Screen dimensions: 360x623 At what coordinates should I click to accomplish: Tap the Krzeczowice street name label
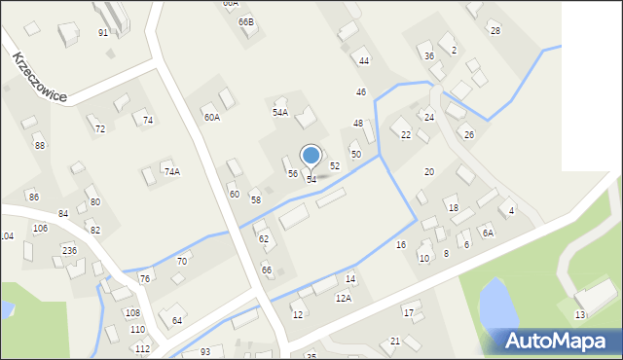(x=40, y=76)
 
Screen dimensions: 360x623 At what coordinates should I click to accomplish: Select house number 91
(x=103, y=32)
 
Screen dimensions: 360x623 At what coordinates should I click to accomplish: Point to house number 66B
(x=245, y=21)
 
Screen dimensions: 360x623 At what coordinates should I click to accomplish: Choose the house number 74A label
(x=171, y=171)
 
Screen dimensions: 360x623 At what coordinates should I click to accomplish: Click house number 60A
(x=211, y=117)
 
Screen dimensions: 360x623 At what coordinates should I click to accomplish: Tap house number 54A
(x=279, y=112)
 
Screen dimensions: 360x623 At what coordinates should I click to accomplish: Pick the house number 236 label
(x=70, y=250)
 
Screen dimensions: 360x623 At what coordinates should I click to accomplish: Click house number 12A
(x=344, y=298)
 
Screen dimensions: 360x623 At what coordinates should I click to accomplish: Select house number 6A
(x=488, y=233)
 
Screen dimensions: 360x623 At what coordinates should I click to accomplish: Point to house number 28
(x=495, y=31)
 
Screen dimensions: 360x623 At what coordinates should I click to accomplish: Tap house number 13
(x=579, y=314)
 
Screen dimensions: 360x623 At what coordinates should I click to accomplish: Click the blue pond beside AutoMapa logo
(x=497, y=303)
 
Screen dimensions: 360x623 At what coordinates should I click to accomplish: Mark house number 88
(x=39, y=145)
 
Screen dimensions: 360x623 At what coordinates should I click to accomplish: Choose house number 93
(x=204, y=351)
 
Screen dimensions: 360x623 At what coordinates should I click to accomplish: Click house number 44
(x=364, y=60)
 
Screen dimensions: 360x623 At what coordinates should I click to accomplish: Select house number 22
(x=406, y=134)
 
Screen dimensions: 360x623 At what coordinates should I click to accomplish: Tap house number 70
(x=181, y=261)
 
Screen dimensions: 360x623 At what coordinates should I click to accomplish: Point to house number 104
(x=7, y=236)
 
